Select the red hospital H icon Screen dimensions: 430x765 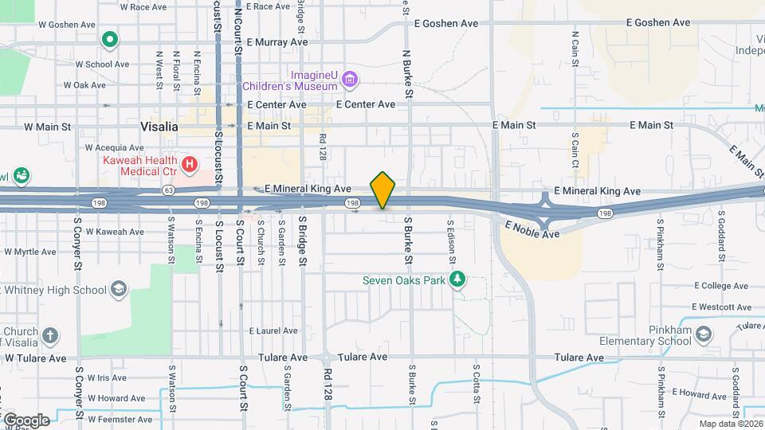(x=190, y=166)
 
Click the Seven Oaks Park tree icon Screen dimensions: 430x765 (x=457, y=279)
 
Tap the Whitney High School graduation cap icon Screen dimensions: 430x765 (x=119, y=287)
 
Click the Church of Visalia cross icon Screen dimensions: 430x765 (x=50, y=334)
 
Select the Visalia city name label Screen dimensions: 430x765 (x=159, y=127)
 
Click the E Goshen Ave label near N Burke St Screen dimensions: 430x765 (x=446, y=24)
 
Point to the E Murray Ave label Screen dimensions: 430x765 (x=277, y=42)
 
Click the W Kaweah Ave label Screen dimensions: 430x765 (x=115, y=232)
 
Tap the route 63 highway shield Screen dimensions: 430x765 (x=168, y=191)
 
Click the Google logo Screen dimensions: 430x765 (x=25, y=420)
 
